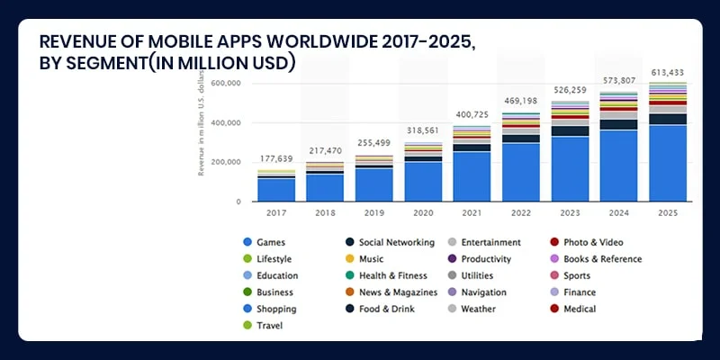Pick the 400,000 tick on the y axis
[226, 122]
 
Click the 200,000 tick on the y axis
[226, 162]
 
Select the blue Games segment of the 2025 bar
[666, 162]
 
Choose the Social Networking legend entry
[396, 242]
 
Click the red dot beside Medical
[554, 309]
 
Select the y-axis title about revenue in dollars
[202, 126]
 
